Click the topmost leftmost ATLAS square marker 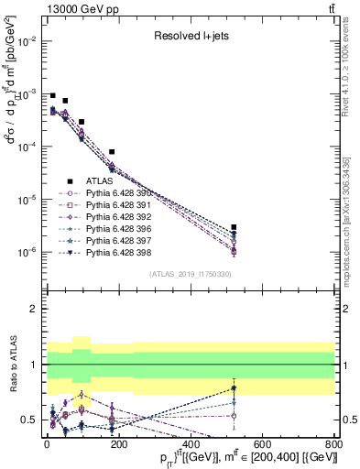(x=53, y=95)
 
